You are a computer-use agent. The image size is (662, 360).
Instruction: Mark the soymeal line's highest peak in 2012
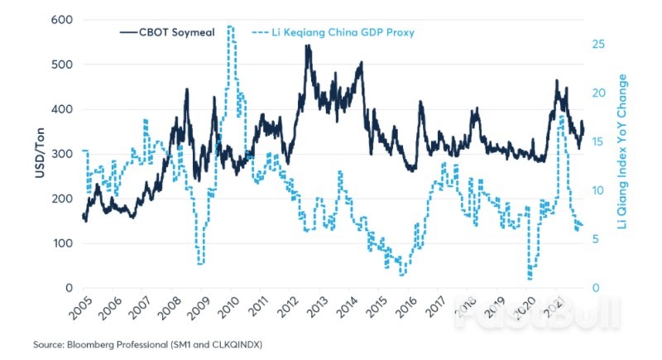[x=308, y=46]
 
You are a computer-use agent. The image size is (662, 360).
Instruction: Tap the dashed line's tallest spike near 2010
[x=229, y=27]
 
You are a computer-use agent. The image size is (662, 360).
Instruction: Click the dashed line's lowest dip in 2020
[x=529, y=278]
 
